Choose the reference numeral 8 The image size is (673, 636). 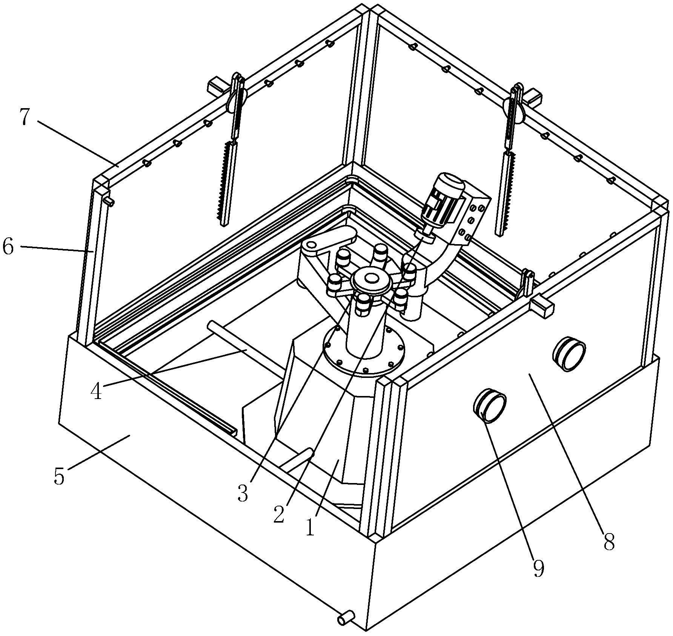point(609,542)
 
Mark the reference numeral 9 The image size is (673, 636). point(538,569)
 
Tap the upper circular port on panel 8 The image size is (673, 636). point(569,353)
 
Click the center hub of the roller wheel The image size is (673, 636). point(371,278)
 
